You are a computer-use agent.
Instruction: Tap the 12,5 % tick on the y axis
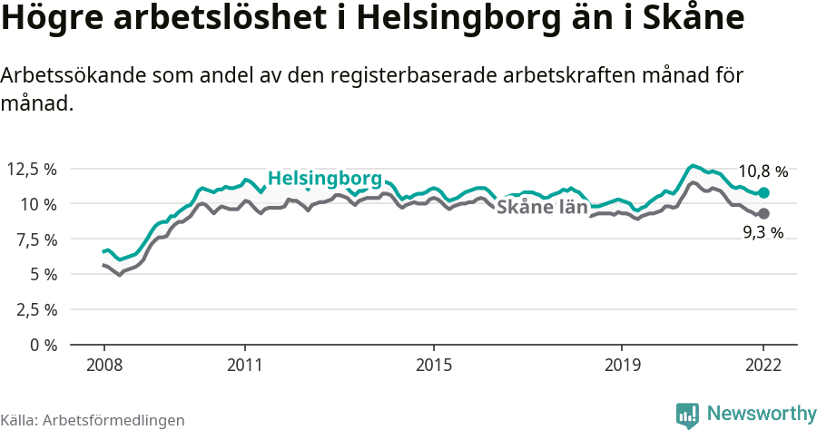(x=32, y=169)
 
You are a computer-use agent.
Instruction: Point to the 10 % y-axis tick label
(x=37, y=204)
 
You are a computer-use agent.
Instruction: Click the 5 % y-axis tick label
(x=43, y=274)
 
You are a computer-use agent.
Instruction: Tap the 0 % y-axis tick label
(x=43, y=345)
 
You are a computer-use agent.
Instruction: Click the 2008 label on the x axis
(x=103, y=366)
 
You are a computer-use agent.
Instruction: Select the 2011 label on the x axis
(x=245, y=366)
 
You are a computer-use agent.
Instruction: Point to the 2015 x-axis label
(x=434, y=366)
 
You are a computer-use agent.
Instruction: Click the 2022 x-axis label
(x=763, y=366)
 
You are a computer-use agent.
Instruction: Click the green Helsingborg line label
(x=325, y=178)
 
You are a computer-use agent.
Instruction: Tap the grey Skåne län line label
(x=542, y=206)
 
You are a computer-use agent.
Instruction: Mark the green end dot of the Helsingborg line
(x=763, y=192)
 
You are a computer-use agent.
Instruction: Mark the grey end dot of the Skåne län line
(x=763, y=213)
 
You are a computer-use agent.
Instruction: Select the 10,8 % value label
(x=763, y=171)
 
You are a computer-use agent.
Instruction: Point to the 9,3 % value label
(x=763, y=233)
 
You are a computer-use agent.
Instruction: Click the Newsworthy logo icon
(x=687, y=415)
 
